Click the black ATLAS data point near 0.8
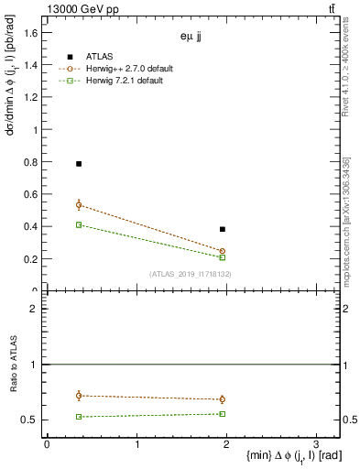(79, 164)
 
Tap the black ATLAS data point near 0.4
(223, 229)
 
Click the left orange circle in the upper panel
(79, 205)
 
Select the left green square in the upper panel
(79, 224)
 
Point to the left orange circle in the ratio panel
(79, 396)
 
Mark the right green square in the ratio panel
(223, 414)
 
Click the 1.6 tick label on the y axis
(30, 33)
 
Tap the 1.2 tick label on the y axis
(30, 97)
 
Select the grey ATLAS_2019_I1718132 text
(190, 274)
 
